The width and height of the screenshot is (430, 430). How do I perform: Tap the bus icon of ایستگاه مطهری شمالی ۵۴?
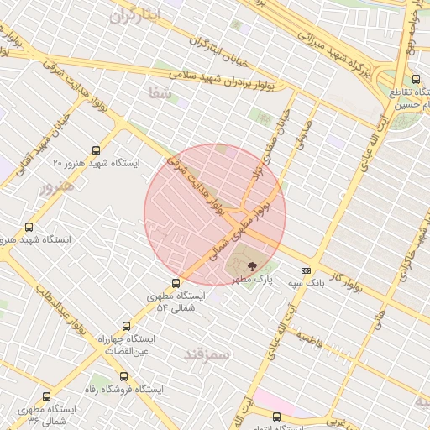coord(176,283)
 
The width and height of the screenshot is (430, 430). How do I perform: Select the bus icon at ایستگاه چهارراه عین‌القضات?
coord(127,325)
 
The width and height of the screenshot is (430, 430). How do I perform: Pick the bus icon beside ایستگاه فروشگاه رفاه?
coord(123,376)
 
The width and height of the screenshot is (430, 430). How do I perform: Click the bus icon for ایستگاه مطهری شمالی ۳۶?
coord(46,396)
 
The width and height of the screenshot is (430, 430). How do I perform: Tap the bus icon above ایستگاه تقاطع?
coord(417,80)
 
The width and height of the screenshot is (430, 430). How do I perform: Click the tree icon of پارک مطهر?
coord(253,265)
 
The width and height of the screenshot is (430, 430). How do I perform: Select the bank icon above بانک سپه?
coord(306,270)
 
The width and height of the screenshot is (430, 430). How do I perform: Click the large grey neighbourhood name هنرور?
coord(57,185)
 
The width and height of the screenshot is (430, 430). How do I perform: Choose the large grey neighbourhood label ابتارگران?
coord(134,16)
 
